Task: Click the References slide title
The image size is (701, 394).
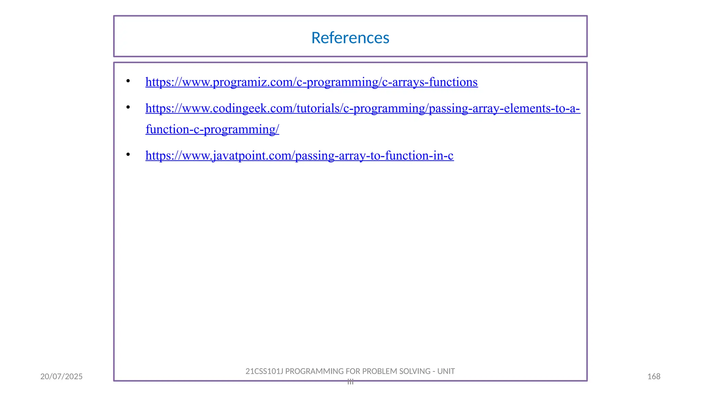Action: click(x=350, y=38)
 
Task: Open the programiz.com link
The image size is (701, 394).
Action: click(x=311, y=82)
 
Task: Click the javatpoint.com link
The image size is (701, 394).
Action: click(x=299, y=156)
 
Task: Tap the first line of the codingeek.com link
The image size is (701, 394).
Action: click(x=363, y=108)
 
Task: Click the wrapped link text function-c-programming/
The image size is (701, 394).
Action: click(x=212, y=130)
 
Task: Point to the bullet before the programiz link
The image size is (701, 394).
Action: click(x=128, y=81)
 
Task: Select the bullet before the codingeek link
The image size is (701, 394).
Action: click(x=128, y=107)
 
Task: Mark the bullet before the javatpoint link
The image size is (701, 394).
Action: click(x=128, y=155)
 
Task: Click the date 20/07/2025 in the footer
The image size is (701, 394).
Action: click(x=62, y=377)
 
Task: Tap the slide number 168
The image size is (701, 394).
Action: click(x=654, y=377)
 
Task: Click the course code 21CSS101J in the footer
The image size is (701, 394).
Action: click(x=264, y=371)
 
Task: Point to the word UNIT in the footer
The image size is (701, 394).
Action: click(x=446, y=371)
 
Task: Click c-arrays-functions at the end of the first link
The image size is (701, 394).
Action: click(x=430, y=82)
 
